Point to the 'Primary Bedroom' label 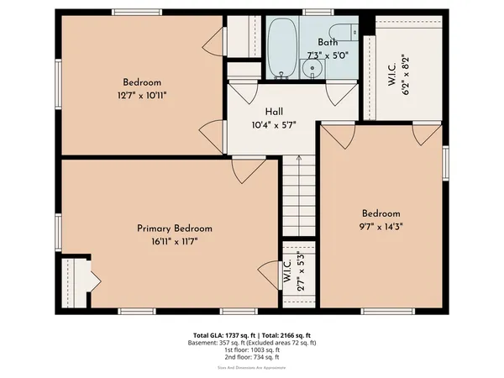point(175,228)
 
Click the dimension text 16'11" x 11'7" point(175,240)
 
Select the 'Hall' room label point(274,111)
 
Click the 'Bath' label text point(327,42)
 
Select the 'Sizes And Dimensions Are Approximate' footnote point(252,369)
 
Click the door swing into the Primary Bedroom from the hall point(245,171)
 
